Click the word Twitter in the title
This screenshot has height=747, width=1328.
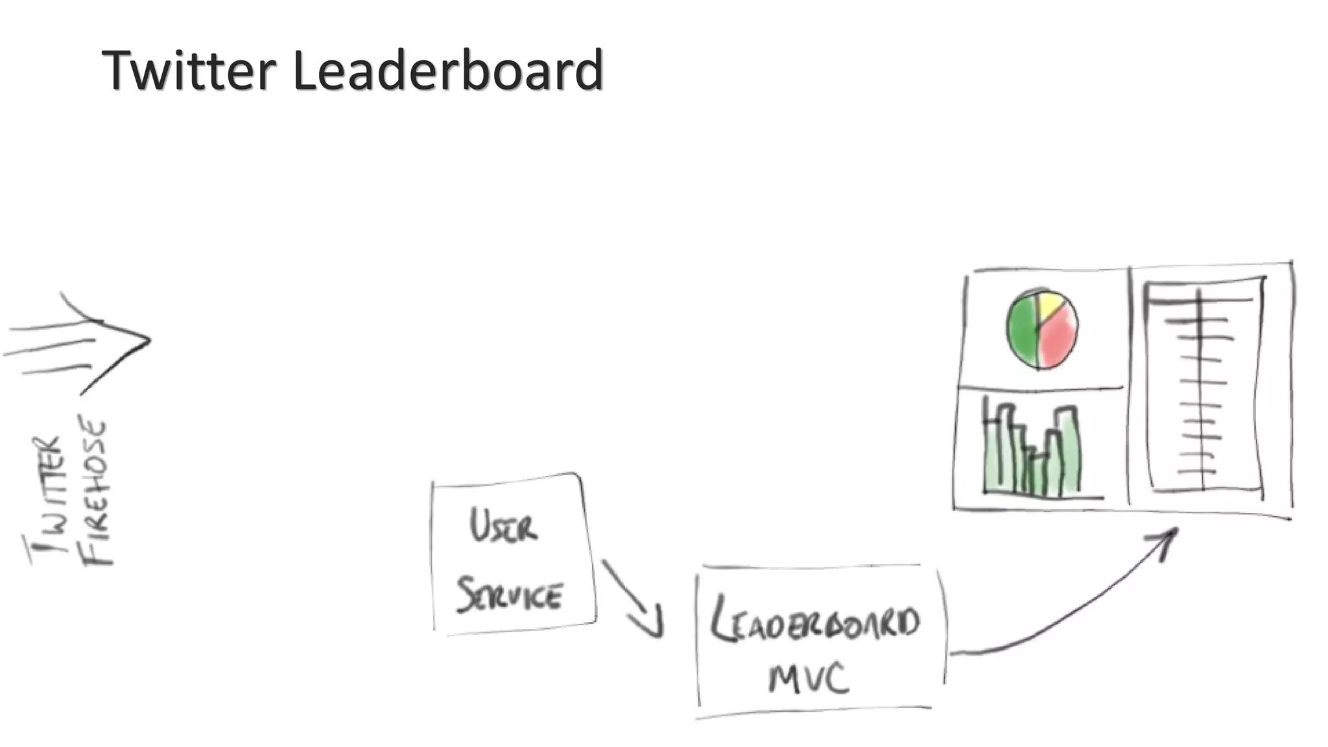pos(189,70)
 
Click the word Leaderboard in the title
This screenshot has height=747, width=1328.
pos(447,70)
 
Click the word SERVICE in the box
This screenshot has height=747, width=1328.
pos(510,595)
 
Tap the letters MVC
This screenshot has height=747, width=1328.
pos(808,678)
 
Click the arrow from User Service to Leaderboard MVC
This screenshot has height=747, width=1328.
pos(632,598)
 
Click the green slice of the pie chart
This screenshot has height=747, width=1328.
pos(1021,331)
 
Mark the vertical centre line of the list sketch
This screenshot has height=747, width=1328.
pos(1200,389)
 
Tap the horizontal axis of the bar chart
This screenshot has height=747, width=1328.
pos(1044,497)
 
